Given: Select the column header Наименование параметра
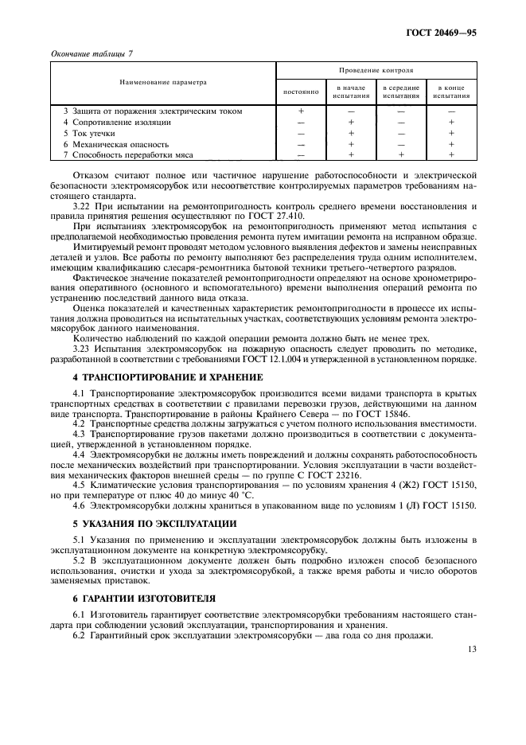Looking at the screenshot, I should pos(163,82).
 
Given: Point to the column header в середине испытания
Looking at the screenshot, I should pos(401,92).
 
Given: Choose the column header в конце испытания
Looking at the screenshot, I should pos(451,92).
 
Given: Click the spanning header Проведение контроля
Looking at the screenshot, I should pos(376,71).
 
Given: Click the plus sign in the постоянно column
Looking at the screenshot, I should pos(301,111).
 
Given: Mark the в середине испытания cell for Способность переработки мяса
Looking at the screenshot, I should pos(401,155).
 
